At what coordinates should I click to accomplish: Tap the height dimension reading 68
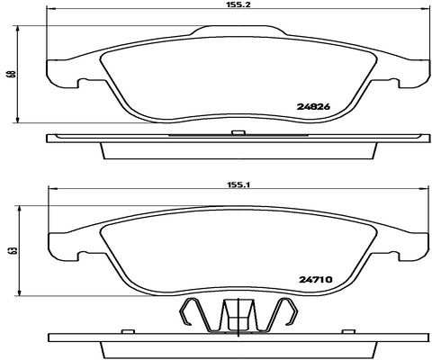12,74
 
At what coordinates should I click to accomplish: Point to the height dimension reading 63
13,251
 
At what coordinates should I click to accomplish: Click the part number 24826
313,106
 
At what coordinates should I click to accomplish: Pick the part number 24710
316,280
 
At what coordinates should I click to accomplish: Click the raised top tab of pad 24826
238,31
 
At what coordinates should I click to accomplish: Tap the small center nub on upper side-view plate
238,132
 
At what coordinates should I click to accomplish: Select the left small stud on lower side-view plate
128,331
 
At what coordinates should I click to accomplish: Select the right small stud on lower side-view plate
349,331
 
